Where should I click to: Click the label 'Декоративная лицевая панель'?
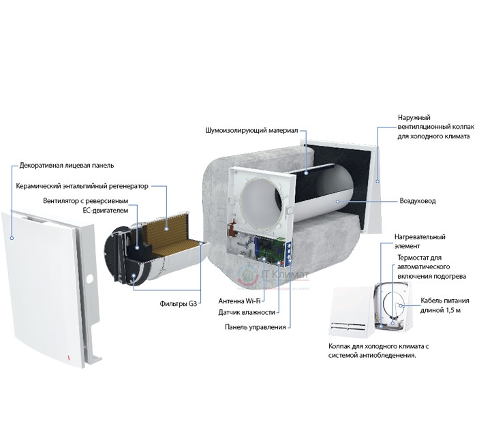(67, 166)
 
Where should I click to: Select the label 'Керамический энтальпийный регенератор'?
(82, 186)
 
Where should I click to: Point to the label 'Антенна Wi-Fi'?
(239, 301)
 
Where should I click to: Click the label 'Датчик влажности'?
(247, 312)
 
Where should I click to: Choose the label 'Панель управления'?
(256, 327)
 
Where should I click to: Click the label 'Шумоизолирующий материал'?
(251, 131)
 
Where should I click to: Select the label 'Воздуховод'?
(417, 201)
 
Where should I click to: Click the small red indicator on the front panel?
(68, 358)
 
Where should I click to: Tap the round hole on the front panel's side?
(90, 278)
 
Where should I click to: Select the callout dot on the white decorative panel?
(12, 238)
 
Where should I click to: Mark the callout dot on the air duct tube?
(337, 201)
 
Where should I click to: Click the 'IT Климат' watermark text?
(284, 275)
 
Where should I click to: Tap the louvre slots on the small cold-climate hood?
(348, 326)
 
